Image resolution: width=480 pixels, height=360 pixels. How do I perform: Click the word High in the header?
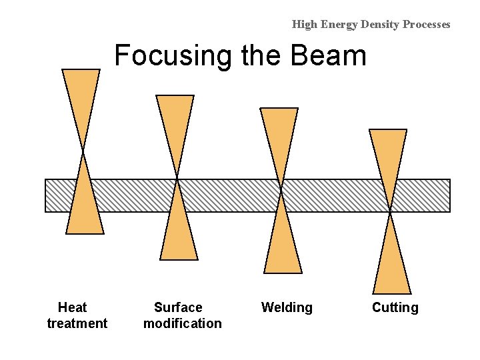tap(305, 25)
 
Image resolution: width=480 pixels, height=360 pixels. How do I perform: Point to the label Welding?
tap(287, 307)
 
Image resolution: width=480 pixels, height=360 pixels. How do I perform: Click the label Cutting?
tap(395, 307)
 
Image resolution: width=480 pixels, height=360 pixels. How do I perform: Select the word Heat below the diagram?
tap(72, 307)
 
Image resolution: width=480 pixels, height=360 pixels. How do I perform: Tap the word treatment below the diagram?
tap(77, 323)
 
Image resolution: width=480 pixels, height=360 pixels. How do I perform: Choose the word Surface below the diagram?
tap(178, 307)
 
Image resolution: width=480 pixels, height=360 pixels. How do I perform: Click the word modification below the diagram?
tap(182, 323)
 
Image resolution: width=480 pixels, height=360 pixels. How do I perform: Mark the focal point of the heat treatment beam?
tap(83, 151)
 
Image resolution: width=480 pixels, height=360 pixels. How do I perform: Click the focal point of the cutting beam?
tap(390, 211)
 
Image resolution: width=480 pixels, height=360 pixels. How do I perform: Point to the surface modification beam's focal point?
tap(177, 178)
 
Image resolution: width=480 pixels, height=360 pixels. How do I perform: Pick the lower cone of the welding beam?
tap(283, 247)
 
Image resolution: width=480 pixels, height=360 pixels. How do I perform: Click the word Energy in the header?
tap(340, 25)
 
